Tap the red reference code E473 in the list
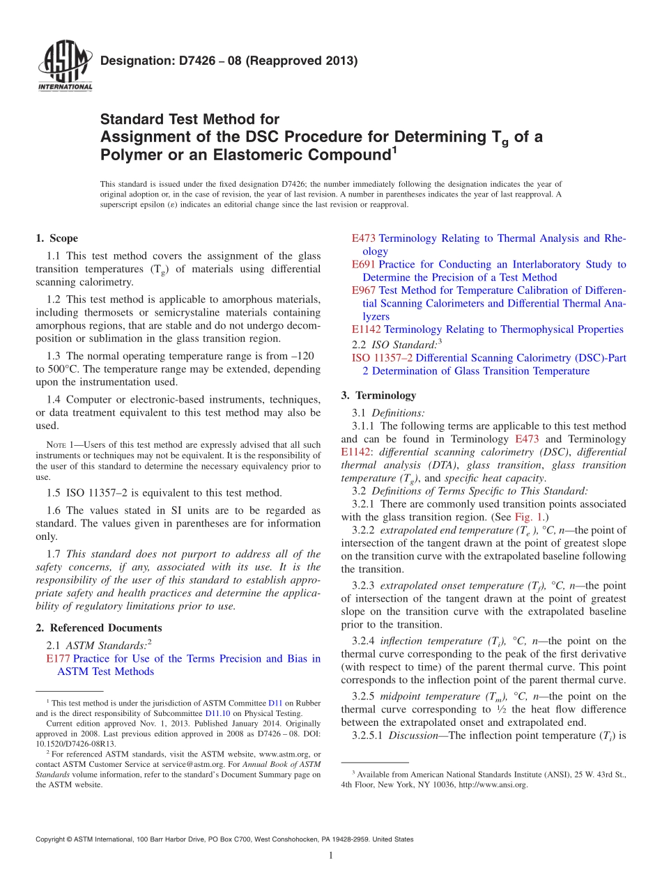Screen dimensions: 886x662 coord(363,238)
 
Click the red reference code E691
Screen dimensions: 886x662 coord(363,265)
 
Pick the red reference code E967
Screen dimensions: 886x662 coord(363,290)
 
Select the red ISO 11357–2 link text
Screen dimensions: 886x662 coord(382,358)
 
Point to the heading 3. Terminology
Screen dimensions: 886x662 coord(378,395)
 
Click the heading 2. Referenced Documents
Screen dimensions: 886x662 coord(98,628)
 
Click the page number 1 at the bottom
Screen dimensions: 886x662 coord(331,856)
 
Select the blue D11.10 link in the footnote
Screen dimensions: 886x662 coord(215,713)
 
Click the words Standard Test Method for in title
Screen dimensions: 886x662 coord(190,119)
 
